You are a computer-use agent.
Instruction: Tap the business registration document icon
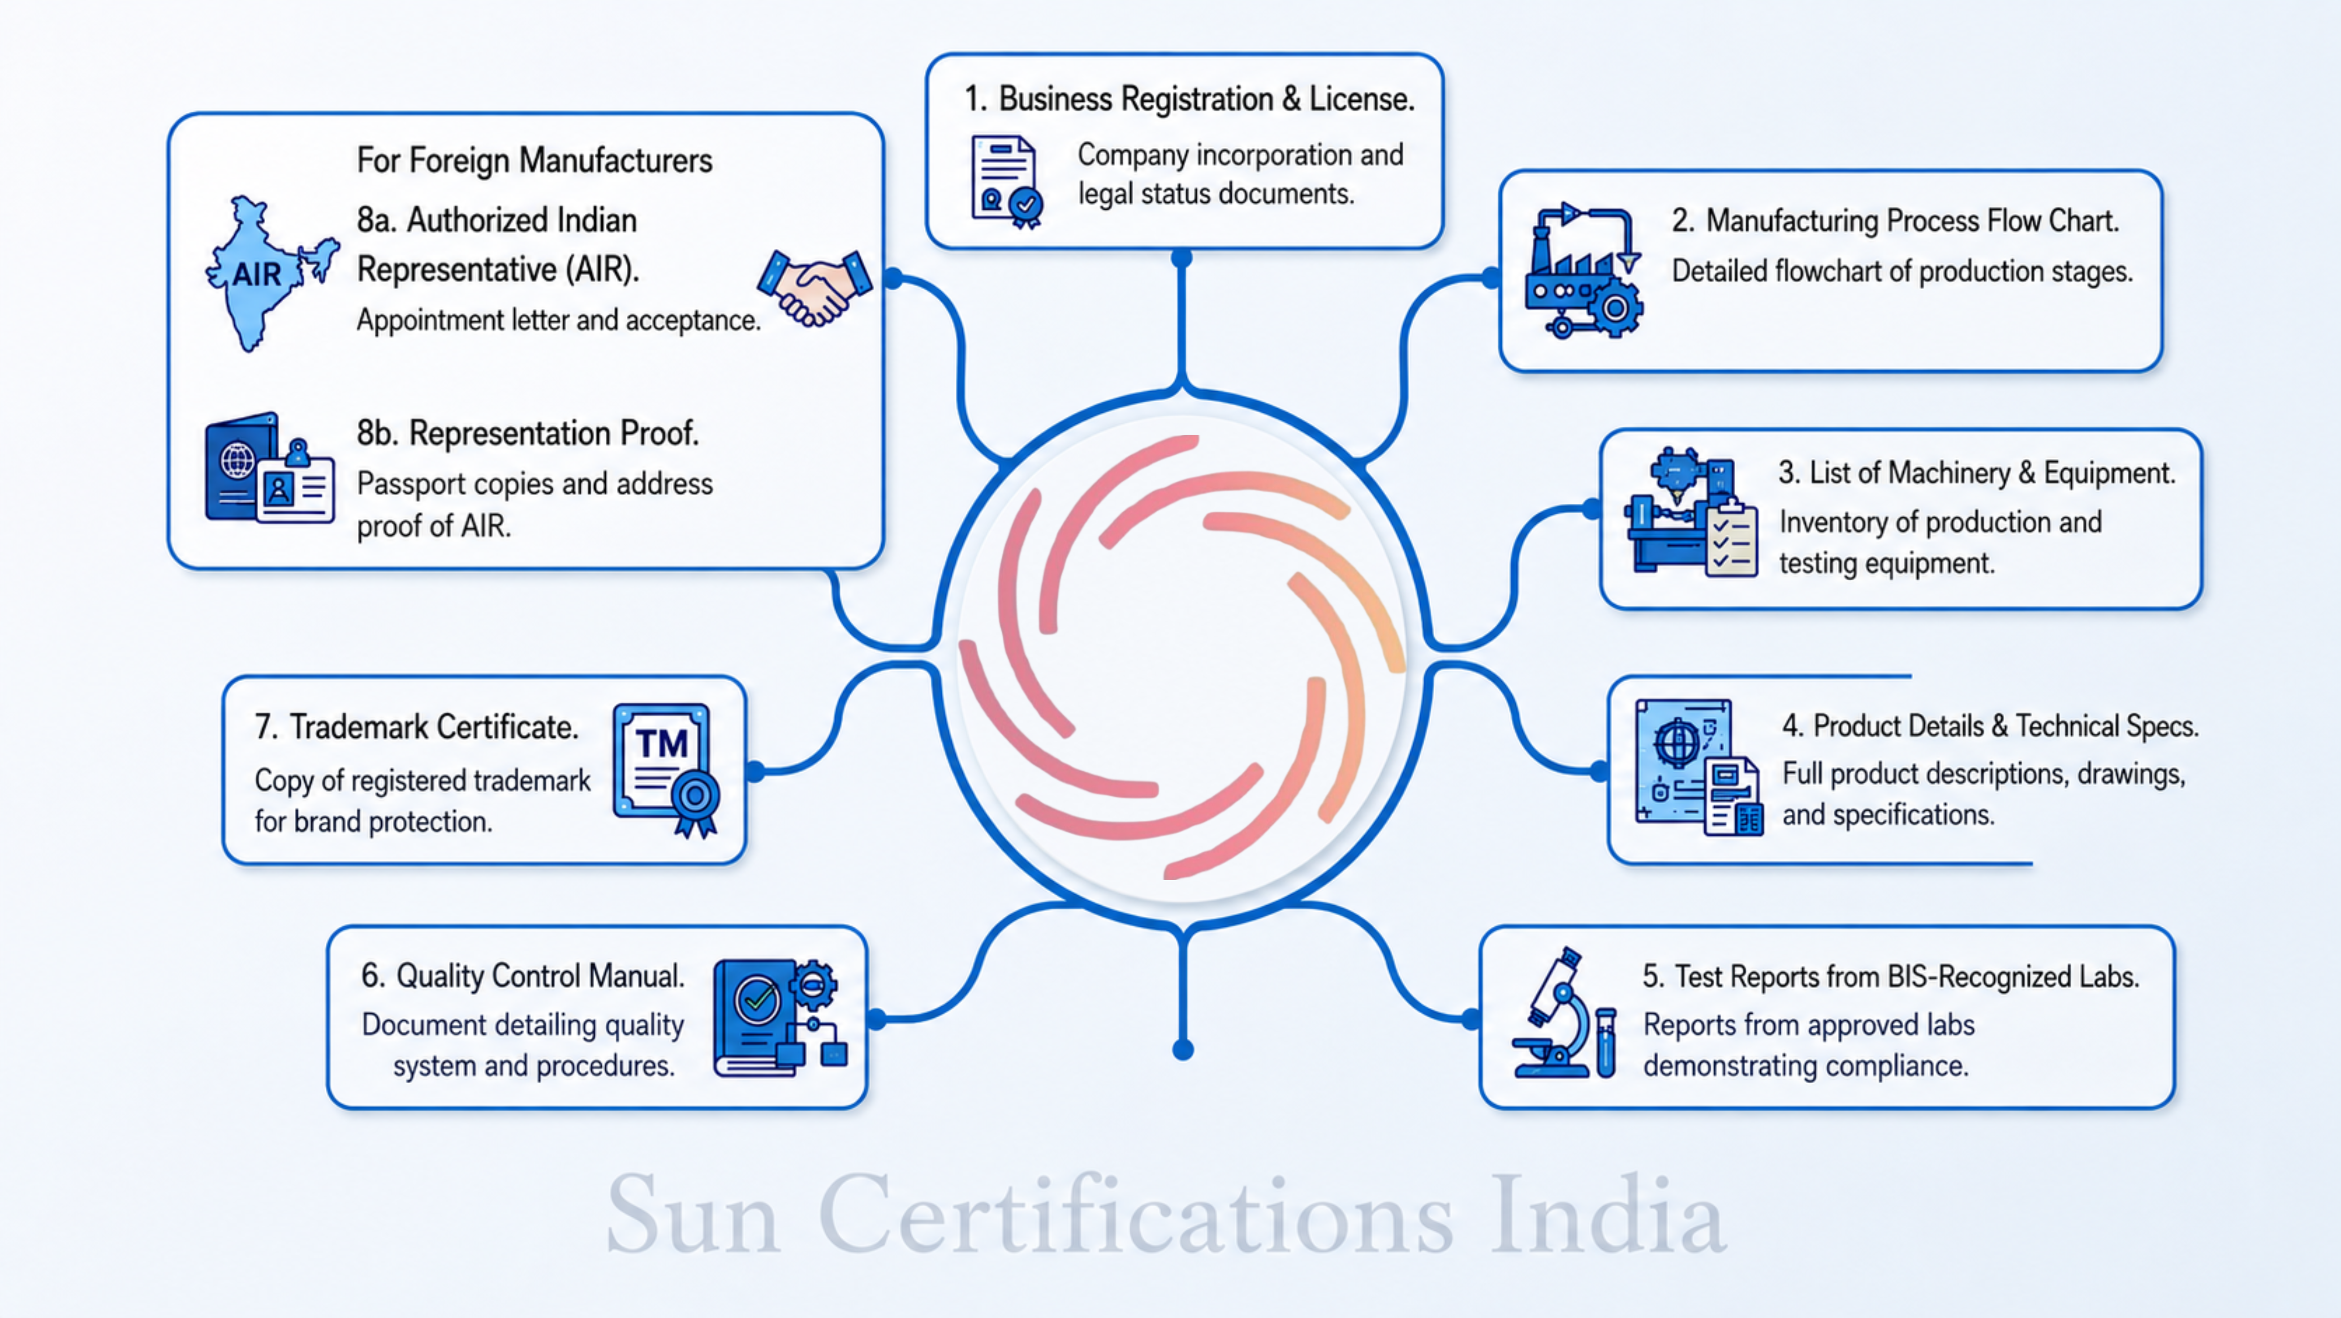(x=1005, y=181)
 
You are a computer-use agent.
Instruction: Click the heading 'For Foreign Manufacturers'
(x=535, y=161)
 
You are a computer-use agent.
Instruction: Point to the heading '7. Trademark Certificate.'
(x=416, y=727)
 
